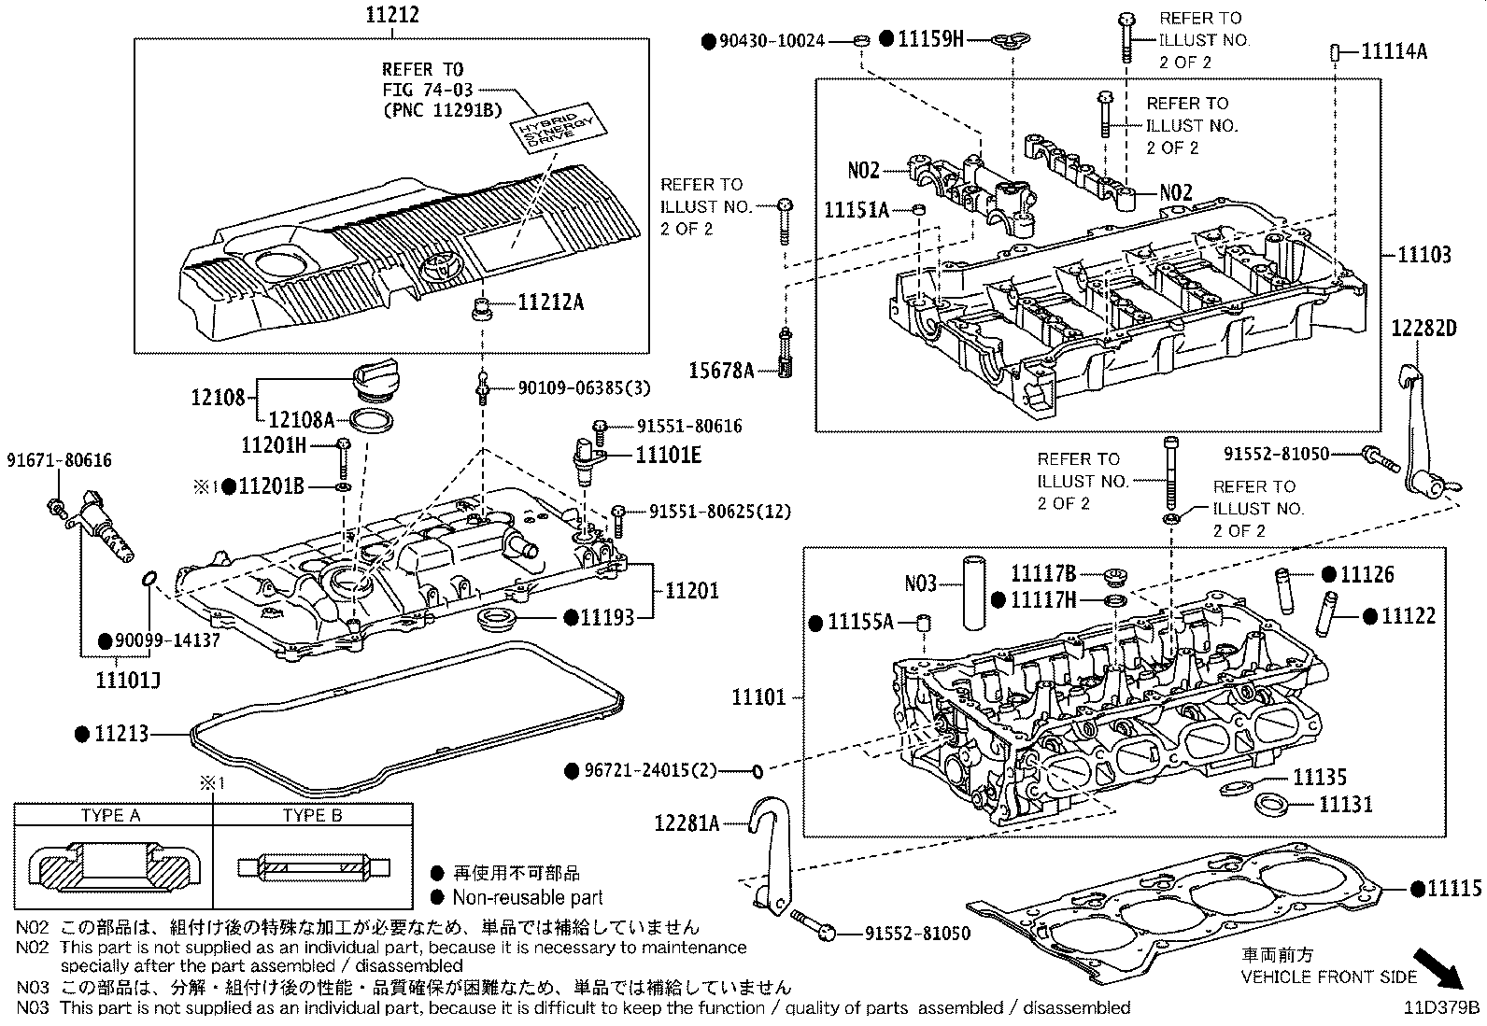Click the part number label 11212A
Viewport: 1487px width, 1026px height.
(550, 302)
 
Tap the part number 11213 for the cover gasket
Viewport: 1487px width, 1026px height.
(121, 735)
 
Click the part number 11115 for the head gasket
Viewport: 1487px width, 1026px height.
(1453, 889)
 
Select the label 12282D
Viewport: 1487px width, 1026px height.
(1423, 328)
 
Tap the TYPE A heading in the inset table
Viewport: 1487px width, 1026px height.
(110, 815)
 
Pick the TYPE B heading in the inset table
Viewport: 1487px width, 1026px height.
(312, 815)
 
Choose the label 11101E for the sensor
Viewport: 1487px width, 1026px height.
(668, 455)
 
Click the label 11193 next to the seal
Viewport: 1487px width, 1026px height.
(607, 616)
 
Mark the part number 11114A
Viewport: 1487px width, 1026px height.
(1394, 51)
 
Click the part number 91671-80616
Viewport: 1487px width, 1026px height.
(59, 460)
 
